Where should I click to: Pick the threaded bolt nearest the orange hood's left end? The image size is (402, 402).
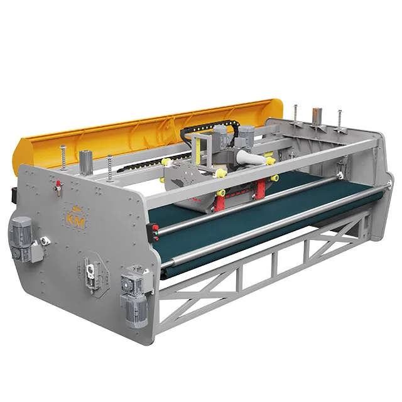(x=63, y=158)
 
